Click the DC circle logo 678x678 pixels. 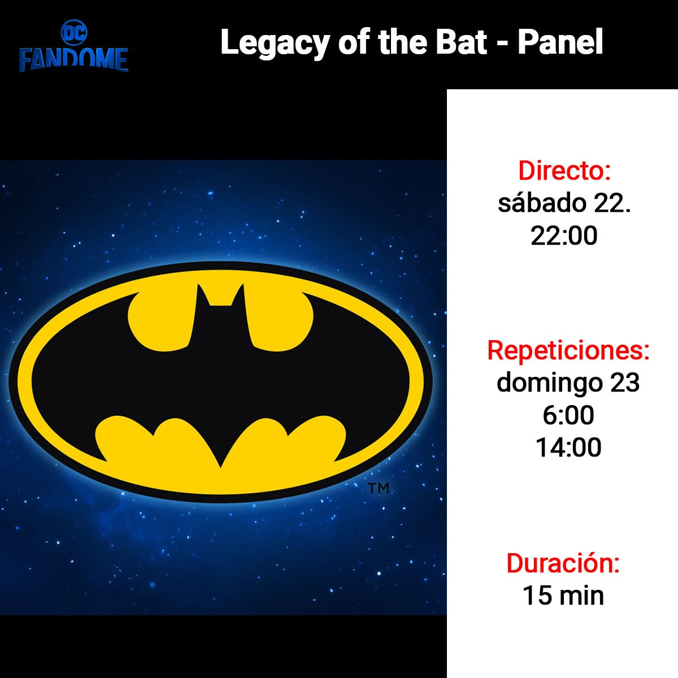tap(74, 33)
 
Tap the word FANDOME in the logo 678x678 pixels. tap(74, 60)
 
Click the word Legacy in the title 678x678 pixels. tap(275, 44)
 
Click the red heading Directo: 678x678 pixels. tap(564, 171)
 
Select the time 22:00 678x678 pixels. tap(564, 236)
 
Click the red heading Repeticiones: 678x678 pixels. tap(568, 351)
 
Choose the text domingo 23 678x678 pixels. tap(568, 383)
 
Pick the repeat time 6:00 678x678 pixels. tap(568, 415)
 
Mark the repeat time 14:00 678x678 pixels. tap(568, 447)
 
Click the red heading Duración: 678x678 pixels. tap(563, 564)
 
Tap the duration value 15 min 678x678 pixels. tap(563, 596)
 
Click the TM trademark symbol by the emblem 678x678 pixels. tap(379, 488)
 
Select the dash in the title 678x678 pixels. tap(503, 45)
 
